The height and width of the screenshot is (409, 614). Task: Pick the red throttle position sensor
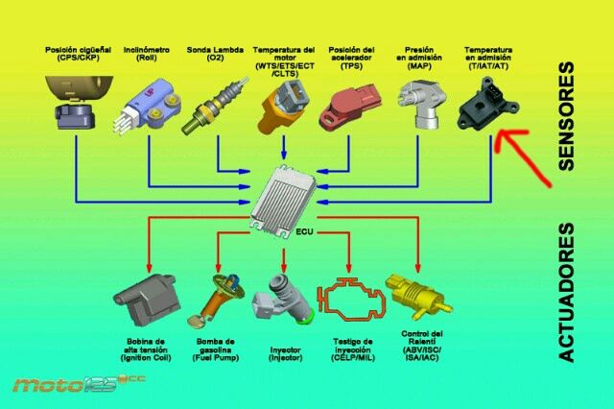pos(352,106)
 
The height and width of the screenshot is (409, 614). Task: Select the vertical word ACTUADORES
pos(566,293)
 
